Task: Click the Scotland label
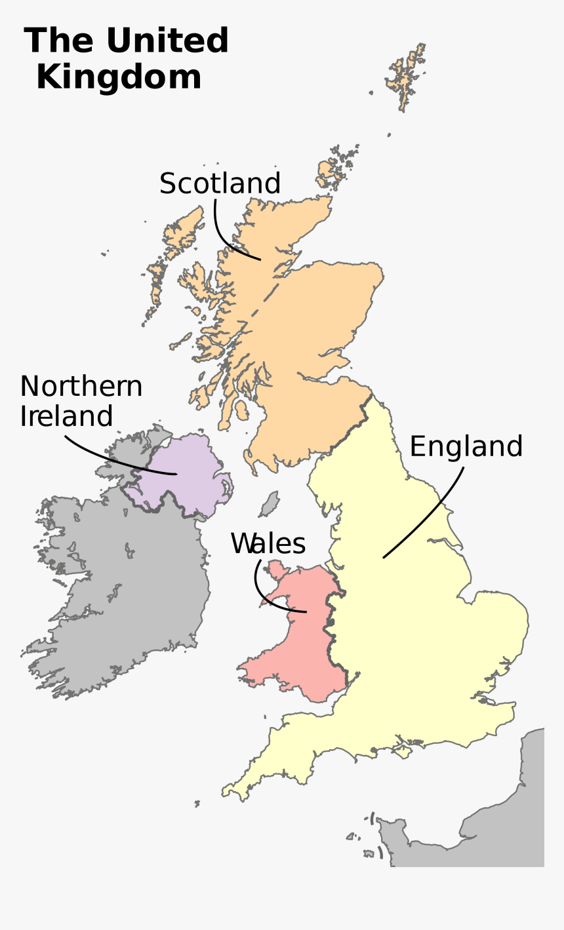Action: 220,184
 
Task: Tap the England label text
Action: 466,447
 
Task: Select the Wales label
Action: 268,544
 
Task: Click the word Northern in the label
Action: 81,387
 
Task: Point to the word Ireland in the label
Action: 66,417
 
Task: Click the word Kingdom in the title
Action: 119,77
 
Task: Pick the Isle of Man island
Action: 269,505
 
